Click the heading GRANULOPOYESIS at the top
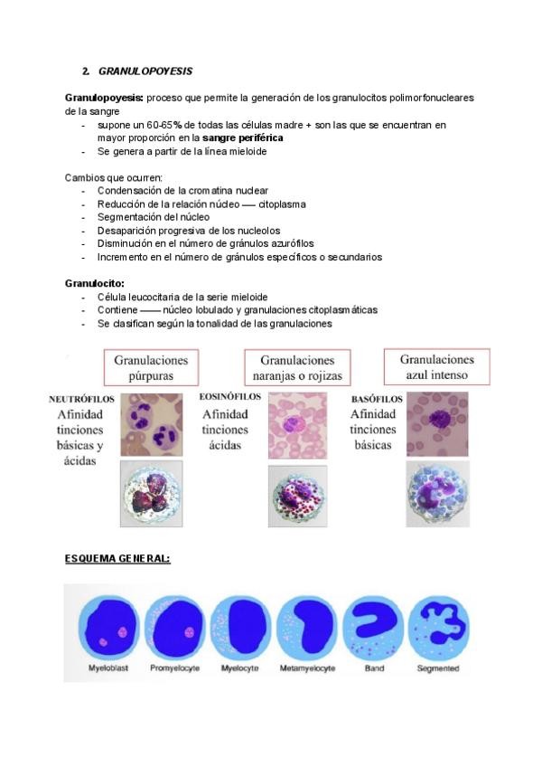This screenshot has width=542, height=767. (x=145, y=71)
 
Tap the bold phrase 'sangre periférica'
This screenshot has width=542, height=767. (x=243, y=137)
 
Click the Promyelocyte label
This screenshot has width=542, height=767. (x=172, y=668)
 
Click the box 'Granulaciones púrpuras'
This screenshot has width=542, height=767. (x=152, y=367)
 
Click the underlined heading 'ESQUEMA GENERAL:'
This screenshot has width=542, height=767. (x=117, y=558)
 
